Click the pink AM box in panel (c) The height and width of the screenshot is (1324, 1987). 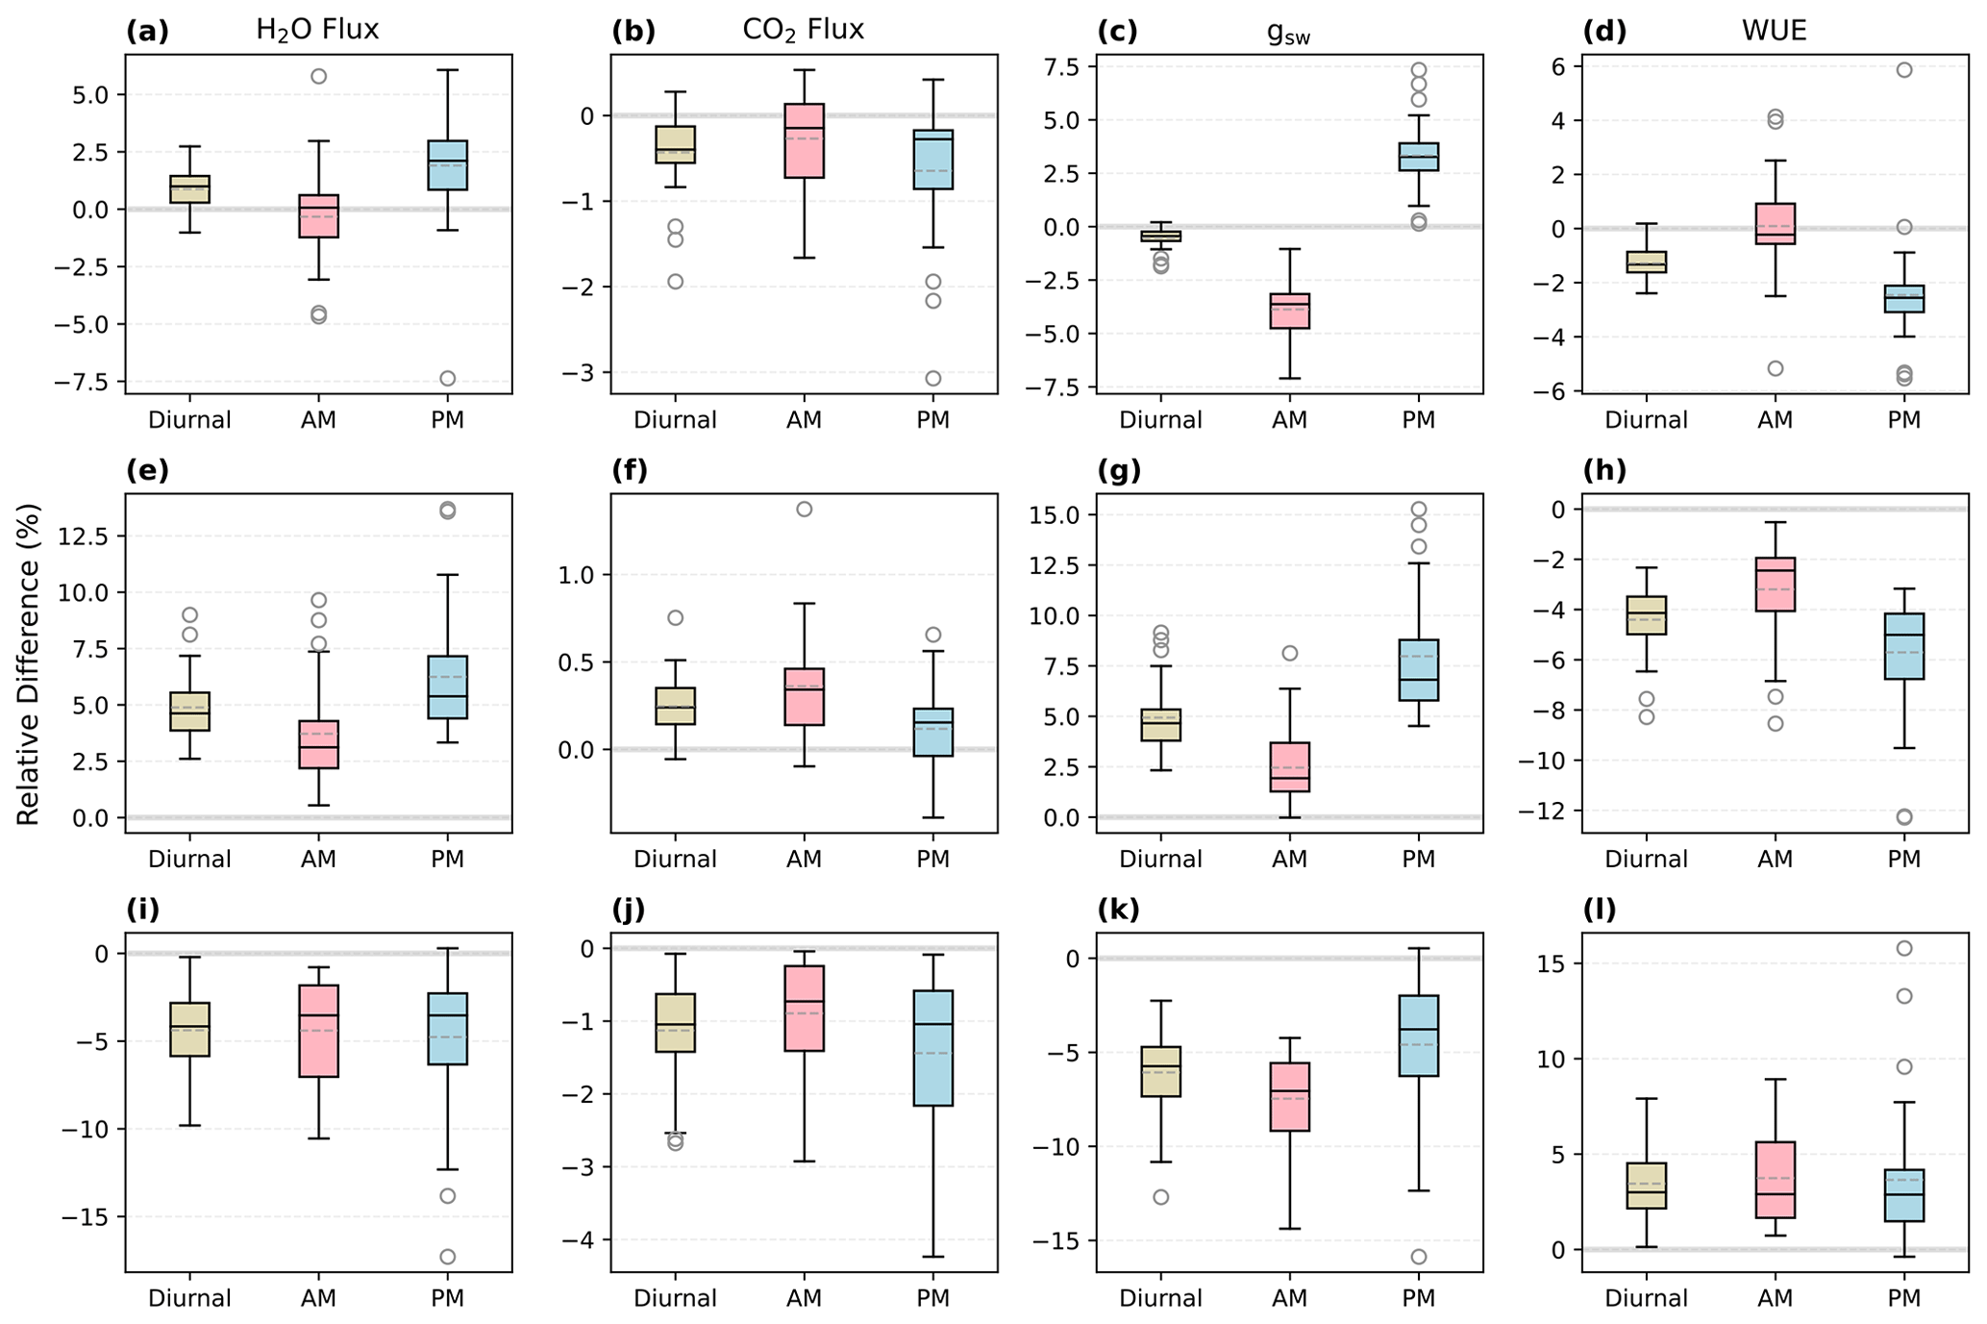tap(1289, 311)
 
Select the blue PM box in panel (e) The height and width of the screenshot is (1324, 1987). tap(447, 687)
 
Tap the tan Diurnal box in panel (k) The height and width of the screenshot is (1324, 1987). tap(1160, 1071)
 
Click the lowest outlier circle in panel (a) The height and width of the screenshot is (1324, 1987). tap(447, 378)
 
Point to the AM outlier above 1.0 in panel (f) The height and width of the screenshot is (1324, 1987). tap(804, 509)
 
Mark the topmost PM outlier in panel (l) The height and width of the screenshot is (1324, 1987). tap(1903, 948)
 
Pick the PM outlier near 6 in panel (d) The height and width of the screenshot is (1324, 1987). tap(1903, 69)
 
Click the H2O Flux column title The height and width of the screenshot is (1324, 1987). tap(317, 30)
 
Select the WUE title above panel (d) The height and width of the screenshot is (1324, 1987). tap(1774, 30)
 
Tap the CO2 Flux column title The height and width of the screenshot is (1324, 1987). tap(803, 30)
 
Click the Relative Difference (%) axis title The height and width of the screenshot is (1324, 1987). tap(29, 663)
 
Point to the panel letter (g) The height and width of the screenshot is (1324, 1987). tap(1117, 470)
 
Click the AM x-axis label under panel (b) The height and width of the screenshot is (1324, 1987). tap(804, 420)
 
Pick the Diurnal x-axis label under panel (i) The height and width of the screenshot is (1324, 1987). tap(189, 1298)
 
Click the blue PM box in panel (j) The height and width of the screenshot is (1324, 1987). tap(932, 1048)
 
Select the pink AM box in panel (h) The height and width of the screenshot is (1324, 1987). tap(1775, 585)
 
